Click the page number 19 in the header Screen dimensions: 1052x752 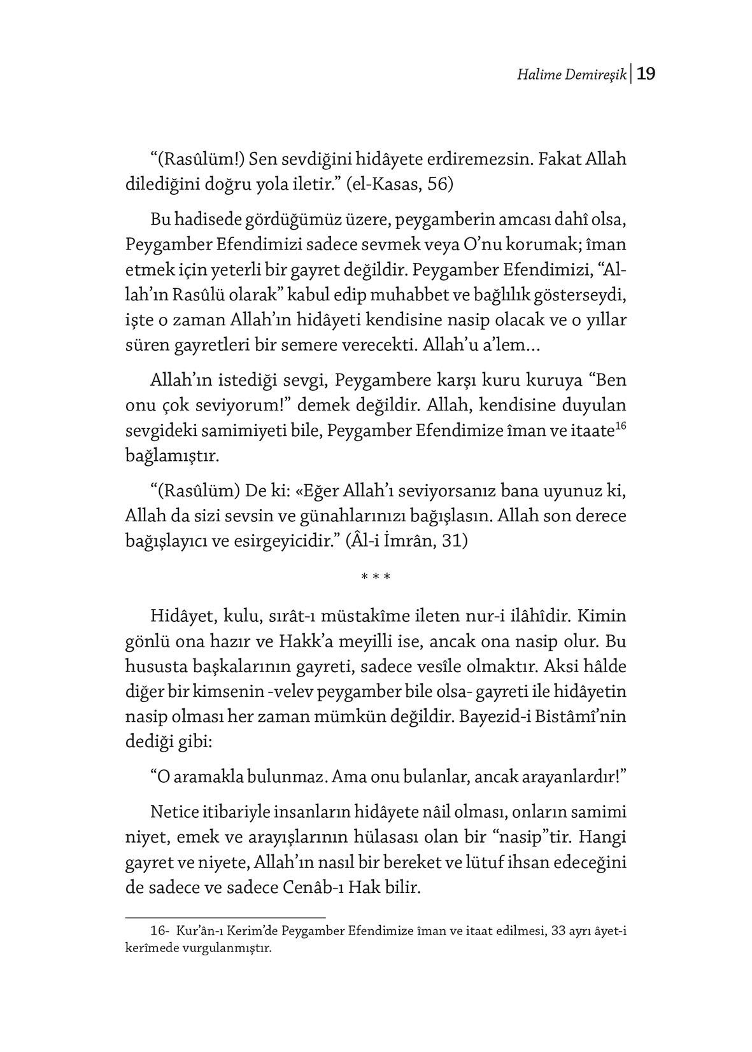pyautogui.click(x=646, y=74)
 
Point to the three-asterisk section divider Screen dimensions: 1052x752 pyautogui.click(x=376, y=577)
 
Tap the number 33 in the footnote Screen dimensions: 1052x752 pyautogui.click(x=560, y=931)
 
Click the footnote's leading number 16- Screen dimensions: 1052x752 pyautogui.click(x=159, y=931)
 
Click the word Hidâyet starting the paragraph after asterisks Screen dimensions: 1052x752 pyautogui.click(x=180, y=616)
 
